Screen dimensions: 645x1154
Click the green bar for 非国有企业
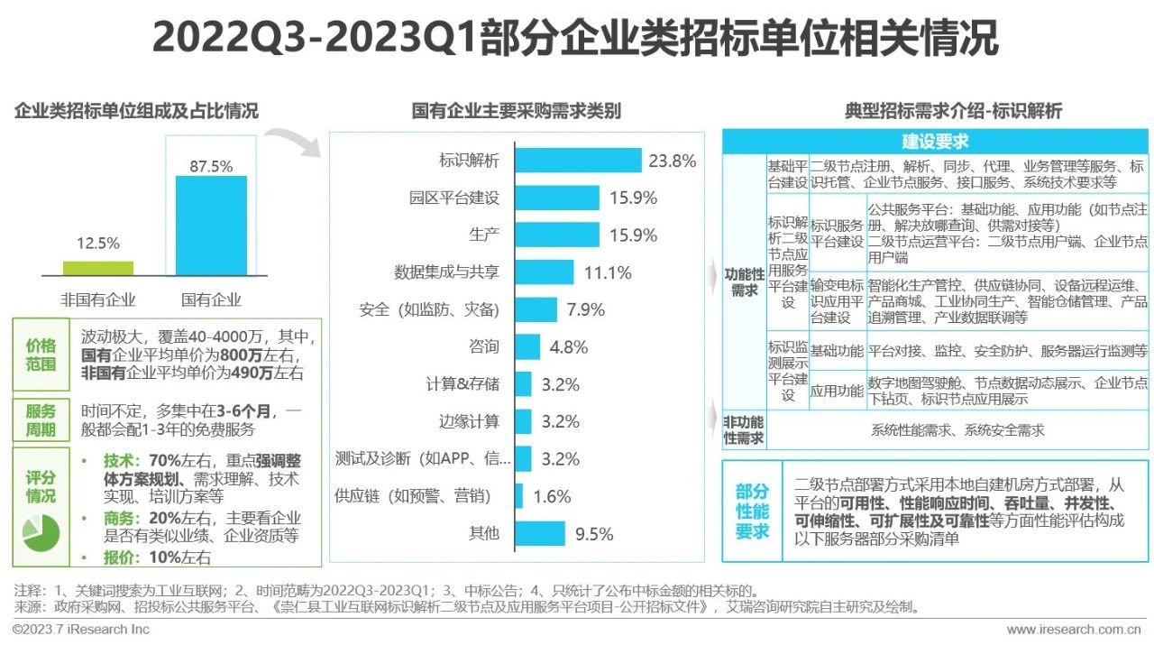point(98,268)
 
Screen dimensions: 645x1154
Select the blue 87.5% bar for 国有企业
point(211,226)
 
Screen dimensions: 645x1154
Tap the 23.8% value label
point(672,161)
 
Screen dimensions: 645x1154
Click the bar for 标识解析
point(577,161)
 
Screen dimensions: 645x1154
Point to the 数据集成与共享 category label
point(445,272)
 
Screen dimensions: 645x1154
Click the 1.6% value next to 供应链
point(552,495)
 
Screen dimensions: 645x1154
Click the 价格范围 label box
point(41,355)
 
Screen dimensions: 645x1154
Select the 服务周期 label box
point(41,419)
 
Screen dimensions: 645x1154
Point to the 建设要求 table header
point(935,142)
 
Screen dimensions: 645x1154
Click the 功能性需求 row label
point(744,281)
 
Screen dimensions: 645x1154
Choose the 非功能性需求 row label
point(744,430)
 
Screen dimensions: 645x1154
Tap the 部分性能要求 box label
point(751,511)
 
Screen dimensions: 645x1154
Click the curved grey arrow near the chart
point(296,142)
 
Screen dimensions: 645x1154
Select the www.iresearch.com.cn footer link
point(1074,629)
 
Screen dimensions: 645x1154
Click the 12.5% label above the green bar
point(97,244)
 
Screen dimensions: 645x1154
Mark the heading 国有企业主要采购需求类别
point(516,112)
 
